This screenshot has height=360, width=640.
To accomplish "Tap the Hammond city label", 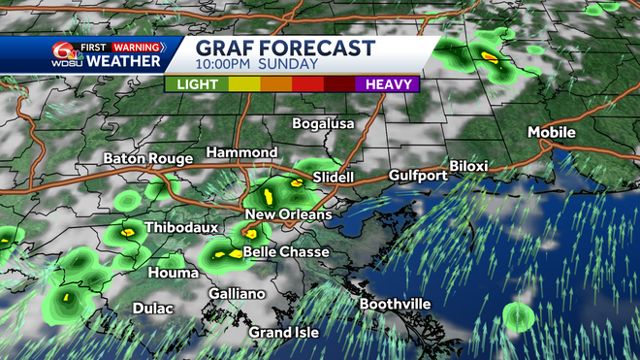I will pos(241,153).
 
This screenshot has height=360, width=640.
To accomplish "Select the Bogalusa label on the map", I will pos(324,124).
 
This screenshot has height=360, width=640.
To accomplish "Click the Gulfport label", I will pos(417,176).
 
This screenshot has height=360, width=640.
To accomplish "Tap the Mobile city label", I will pos(552,132).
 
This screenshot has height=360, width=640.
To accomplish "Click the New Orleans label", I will pos(288,214).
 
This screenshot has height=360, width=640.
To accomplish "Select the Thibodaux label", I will pos(178,228).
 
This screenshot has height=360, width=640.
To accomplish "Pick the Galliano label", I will pos(238,294).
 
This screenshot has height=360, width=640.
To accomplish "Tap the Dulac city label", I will pos(153,309).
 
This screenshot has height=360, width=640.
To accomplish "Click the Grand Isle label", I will pos(284,333).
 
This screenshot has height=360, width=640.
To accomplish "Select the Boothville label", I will pos(395,304).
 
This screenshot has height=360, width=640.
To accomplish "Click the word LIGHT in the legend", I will pos(199,84).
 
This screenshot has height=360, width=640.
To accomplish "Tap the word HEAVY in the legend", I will pos(385,84).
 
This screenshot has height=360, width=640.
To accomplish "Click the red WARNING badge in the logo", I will pos(136,46).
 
